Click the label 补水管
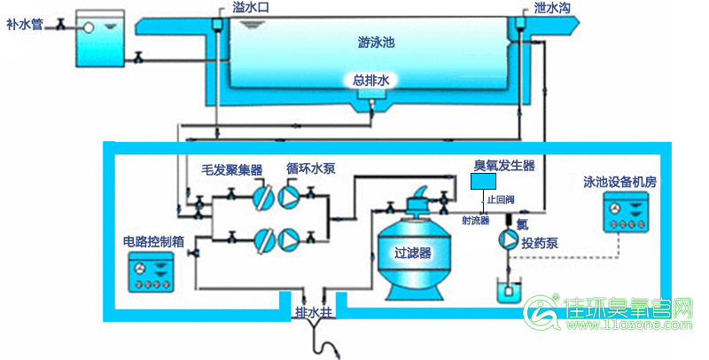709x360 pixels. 25,23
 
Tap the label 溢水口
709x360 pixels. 250,8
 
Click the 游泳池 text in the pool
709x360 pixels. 375,42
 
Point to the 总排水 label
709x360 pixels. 371,81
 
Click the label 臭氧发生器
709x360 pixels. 504,165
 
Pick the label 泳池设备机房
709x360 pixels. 619,182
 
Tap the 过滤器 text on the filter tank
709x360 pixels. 412,253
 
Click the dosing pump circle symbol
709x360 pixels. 509,238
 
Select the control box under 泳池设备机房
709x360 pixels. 631,214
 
